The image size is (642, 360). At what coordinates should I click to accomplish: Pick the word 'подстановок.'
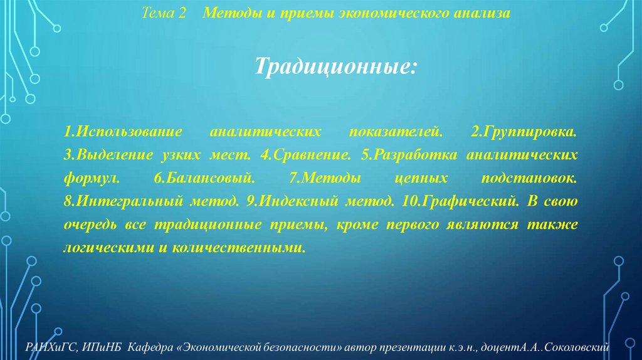pyautogui.click(x=529, y=178)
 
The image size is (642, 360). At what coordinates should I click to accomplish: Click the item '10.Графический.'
pyautogui.click(x=458, y=201)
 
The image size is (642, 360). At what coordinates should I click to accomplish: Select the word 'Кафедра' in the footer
pyautogui.click(x=150, y=347)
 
